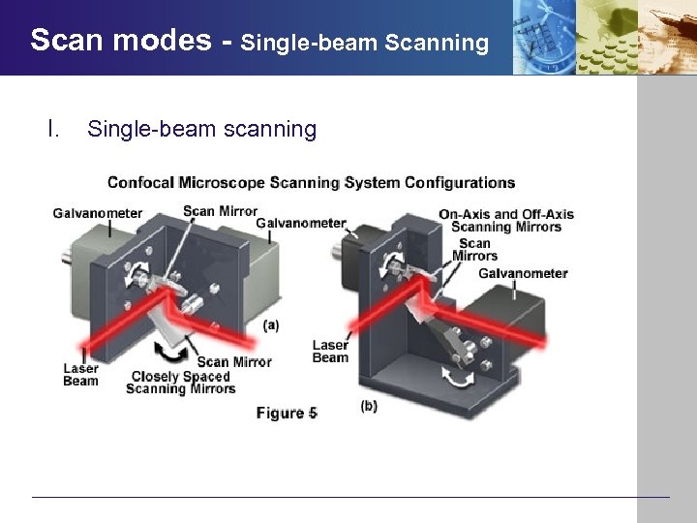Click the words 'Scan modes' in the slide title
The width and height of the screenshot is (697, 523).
pos(121,40)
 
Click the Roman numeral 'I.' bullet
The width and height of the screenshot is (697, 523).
pos(54,129)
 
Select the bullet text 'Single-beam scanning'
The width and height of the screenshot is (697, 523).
pos(201,129)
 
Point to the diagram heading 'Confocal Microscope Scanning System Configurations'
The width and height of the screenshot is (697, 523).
pos(311,182)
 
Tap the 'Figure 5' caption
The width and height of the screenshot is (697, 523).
pos(287,413)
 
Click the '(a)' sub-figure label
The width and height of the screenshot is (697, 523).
pos(271,325)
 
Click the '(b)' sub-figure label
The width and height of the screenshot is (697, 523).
pos(369,406)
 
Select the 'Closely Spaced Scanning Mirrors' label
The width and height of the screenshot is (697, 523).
pos(181,383)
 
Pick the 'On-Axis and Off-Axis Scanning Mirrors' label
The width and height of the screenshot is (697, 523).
pos(505,221)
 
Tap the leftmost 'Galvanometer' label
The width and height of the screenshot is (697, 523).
pos(97,213)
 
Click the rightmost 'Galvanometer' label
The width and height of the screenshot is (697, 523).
pos(523,273)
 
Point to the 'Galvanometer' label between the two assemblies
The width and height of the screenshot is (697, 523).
pos(301,223)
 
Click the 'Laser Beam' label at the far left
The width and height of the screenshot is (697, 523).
pos(80,374)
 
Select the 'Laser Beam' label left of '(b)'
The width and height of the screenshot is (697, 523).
pos(330,351)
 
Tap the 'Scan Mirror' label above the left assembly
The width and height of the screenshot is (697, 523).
pos(220,211)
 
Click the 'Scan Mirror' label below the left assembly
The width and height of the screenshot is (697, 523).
pos(234,361)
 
